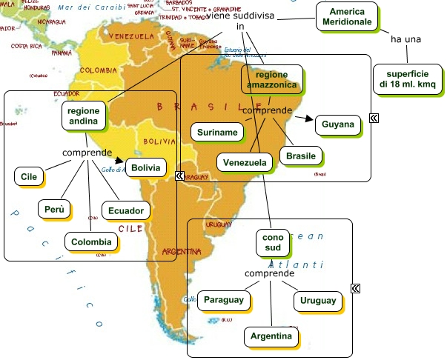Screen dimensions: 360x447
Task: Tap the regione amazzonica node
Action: point(271,80)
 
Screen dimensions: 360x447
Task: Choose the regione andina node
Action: point(83,115)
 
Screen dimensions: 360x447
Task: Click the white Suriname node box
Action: point(216,132)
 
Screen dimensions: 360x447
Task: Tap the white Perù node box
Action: point(54,210)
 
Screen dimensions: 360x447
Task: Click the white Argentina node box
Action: point(270,336)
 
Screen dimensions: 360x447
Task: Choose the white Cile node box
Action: point(29,176)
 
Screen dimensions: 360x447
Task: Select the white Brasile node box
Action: point(301,156)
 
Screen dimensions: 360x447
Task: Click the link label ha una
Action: point(405,39)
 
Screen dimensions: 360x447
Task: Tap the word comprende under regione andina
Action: point(87,153)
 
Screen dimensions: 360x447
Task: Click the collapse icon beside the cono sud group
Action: point(356,288)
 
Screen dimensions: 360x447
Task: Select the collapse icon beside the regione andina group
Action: point(179,176)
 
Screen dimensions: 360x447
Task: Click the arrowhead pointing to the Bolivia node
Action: point(119,158)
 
